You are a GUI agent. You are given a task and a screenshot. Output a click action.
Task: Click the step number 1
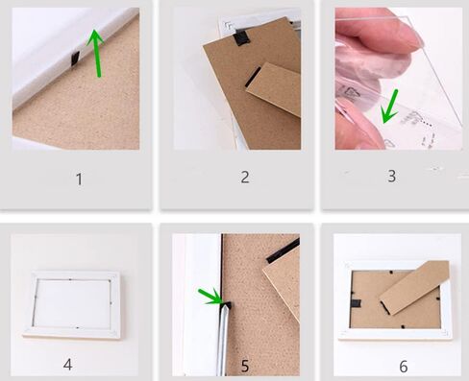pos(79,179)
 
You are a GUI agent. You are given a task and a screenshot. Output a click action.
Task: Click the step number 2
pos(245,177)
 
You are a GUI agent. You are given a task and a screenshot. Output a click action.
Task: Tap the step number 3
pos(392,176)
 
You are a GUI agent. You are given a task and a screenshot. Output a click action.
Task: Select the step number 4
pos(67,365)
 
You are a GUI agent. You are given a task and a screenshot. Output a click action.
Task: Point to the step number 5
pos(245,366)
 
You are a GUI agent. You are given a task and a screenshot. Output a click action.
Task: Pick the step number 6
pos(404,367)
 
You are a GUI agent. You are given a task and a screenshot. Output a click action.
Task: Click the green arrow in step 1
pos(96,53)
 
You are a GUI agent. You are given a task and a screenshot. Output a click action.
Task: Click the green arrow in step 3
pos(389,107)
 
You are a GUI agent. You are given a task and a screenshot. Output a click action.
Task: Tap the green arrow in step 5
pos(210,297)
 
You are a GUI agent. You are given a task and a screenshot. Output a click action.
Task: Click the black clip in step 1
pos(75,59)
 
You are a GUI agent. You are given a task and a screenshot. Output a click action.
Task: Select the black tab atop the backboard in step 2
pos(241,37)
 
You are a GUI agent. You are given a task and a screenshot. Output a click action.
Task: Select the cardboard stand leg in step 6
pos(414,287)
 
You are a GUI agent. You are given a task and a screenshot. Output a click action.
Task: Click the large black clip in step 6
pos(355,303)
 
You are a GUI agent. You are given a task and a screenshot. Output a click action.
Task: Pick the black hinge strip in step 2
pos(253,77)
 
